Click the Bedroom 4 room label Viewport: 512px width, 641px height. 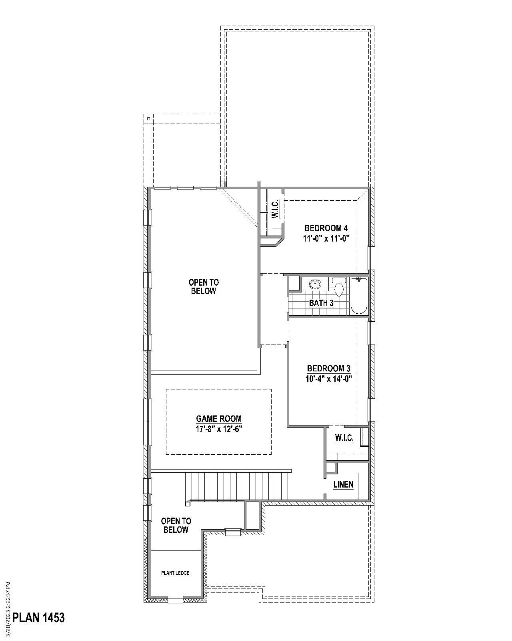(x=326, y=228)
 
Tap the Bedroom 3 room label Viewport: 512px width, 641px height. (x=328, y=368)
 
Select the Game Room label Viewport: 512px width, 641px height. (x=219, y=419)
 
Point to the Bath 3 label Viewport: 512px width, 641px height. (x=321, y=303)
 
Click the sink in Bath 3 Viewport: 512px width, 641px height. (x=315, y=284)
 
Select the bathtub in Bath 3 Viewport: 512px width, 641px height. (x=359, y=296)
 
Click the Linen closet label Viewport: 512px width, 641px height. (x=343, y=485)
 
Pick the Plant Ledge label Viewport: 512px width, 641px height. (x=175, y=573)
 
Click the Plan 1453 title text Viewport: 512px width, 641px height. (x=38, y=617)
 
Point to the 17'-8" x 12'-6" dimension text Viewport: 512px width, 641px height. (x=219, y=429)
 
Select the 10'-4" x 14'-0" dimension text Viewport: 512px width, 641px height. (x=328, y=379)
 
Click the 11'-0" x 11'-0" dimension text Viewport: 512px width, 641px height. (x=326, y=238)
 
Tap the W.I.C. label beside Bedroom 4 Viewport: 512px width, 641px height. (x=275, y=209)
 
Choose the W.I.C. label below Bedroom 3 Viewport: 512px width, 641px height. (x=344, y=438)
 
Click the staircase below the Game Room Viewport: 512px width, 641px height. (x=238, y=486)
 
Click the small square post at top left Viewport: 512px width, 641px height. (x=148, y=119)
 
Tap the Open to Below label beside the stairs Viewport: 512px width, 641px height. (x=176, y=525)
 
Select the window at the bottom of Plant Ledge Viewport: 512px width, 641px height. (x=175, y=599)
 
